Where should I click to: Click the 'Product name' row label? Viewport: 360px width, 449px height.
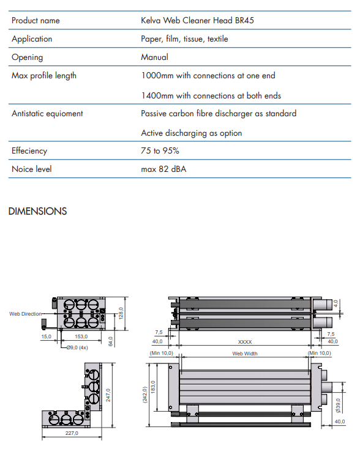(x=36, y=20)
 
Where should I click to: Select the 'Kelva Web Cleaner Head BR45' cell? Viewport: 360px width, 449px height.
(x=197, y=20)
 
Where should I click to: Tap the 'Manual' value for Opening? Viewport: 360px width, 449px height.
(x=154, y=57)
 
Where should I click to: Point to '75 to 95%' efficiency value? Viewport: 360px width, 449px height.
(x=160, y=150)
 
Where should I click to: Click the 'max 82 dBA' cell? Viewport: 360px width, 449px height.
(x=163, y=169)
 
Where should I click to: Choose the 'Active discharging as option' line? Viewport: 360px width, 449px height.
(x=192, y=133)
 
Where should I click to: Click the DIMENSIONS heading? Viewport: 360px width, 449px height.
(x=37, y=211)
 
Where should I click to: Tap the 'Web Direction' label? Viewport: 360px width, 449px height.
(x=26, y=314)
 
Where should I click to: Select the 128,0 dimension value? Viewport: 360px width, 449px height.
(x=121, y=313)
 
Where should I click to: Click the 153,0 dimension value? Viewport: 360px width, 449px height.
(x=81, y=336)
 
